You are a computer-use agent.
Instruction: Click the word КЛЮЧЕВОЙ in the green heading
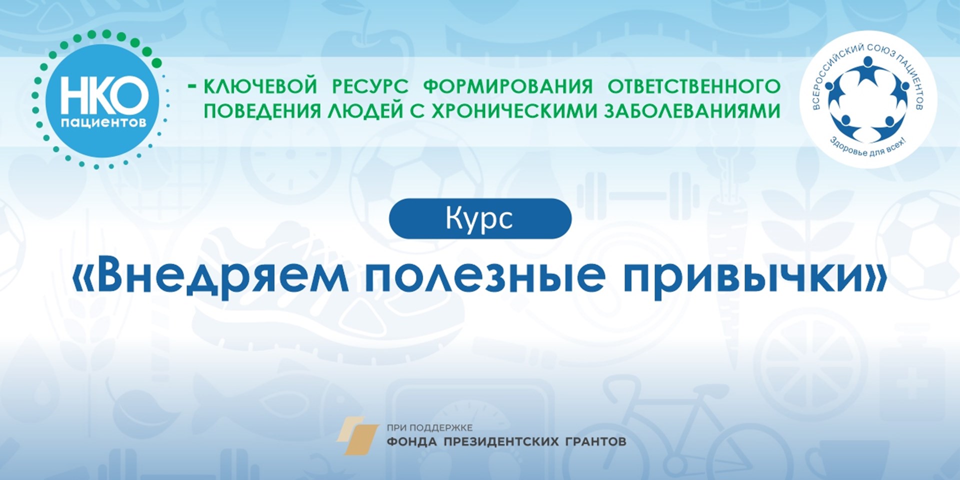260,86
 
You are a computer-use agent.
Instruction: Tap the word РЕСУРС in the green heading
370,86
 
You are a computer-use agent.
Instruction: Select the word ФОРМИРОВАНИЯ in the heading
508,86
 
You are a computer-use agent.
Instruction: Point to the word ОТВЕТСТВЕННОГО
694,86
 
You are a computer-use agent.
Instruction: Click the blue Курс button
480,218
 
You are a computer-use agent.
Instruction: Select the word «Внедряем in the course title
210,275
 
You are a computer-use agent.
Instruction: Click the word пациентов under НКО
104,123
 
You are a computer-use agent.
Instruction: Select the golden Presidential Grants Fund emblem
357,435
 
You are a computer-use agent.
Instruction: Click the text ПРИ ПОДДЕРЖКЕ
429,428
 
